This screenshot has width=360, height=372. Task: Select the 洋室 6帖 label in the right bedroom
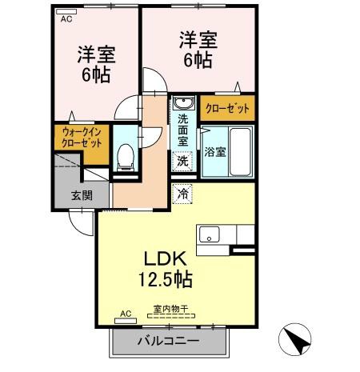(197, 47)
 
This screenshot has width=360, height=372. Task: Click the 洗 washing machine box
(182, 161)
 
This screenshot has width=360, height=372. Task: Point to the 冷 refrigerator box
(182, 193)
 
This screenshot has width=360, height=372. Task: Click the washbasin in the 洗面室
(182, 104)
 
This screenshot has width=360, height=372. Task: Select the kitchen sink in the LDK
(210, 234)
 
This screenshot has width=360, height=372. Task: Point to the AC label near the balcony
(125, 313)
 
